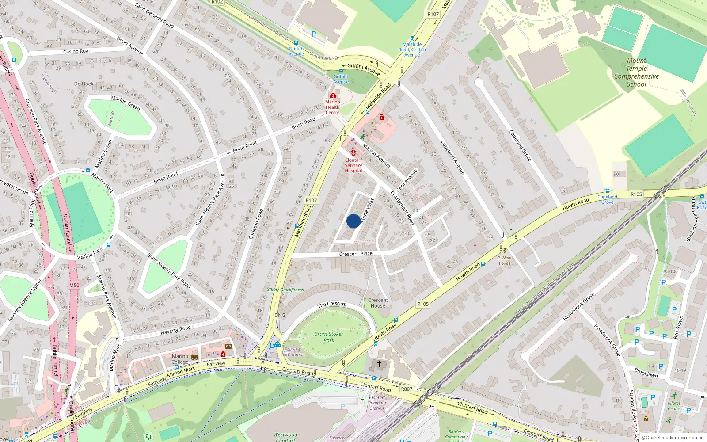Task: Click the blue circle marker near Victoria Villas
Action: pos(353,221)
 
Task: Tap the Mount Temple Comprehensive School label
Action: pos(636,72)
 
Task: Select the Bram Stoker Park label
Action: pos(329,337)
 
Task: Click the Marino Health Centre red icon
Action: pos(333,95)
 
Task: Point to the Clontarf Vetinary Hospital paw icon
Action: pos(353,153)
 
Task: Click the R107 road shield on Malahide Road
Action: pos(312,200)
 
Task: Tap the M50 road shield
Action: pos(74,285)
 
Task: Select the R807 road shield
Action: pos(407,389)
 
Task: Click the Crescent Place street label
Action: pos(356,254)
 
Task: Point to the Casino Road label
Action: pos(77,51)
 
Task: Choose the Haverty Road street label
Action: pos(175,330)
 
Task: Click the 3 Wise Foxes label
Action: pos(505,260)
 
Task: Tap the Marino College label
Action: pos(180,359)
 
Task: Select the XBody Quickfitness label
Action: pos(285,290)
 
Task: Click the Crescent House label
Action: pos(378,303)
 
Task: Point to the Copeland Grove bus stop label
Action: pos(607,199)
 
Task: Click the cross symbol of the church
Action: pos(379,364)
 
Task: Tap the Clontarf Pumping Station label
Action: pos(377,403)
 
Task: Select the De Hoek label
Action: pos(84,84)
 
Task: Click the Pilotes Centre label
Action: pos(674,406)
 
